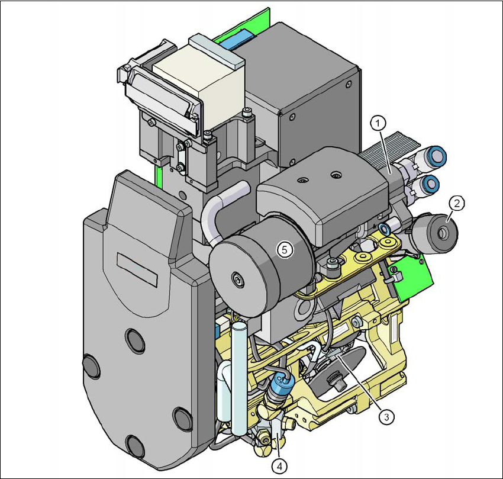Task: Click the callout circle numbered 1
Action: (x=378, y=123)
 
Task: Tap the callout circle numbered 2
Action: (x=456, y=203)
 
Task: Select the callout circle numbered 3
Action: (x=386, y=417)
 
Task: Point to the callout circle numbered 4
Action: (x=279, y=465)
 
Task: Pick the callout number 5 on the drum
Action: (x=285, y=249)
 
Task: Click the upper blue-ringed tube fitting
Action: (x=437, y=155)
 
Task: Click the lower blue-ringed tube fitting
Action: (x=430, y=184)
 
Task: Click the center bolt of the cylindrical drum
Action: (x=238, y=279)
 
